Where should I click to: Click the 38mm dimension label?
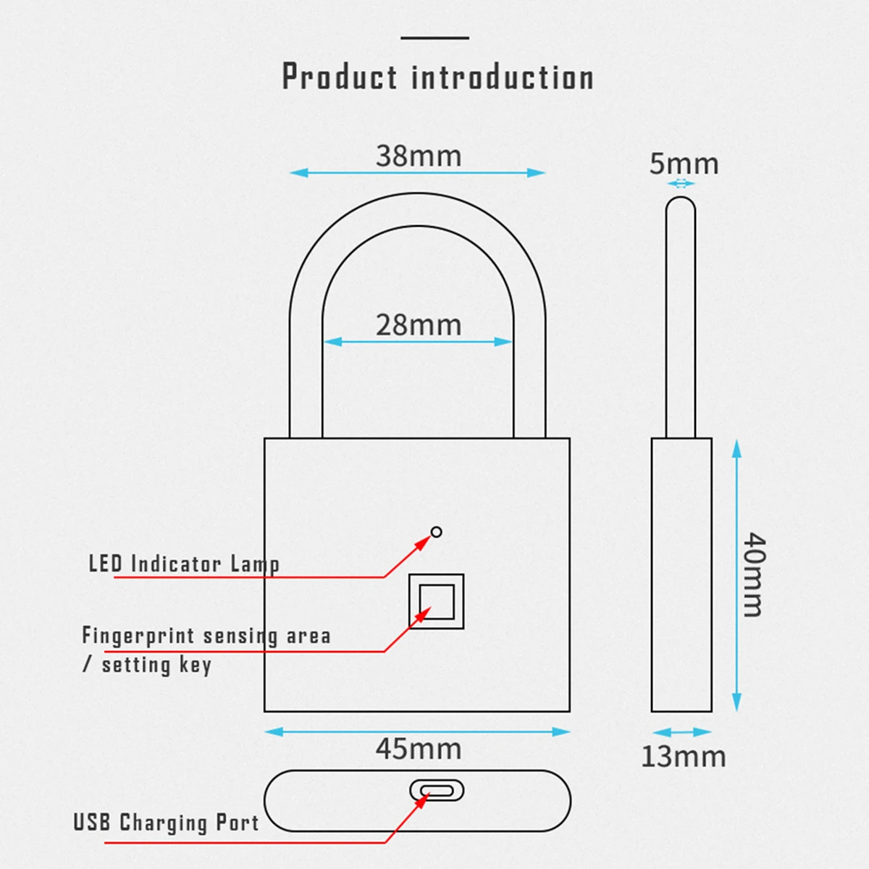point(419,156)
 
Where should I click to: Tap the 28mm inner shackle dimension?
point(419,325)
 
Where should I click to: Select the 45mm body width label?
point(419,748)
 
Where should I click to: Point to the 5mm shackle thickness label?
point(684,164)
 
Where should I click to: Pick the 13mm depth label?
point(683,756)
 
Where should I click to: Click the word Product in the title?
point(340,77)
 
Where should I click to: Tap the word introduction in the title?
point(503,77)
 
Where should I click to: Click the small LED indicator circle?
point(436,532)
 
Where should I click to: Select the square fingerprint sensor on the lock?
point(436,601)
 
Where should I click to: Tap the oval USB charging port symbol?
point(436,790)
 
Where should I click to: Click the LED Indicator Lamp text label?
point(184,563)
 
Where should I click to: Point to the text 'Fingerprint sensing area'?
point(206,636)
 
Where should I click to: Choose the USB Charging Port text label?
point(166,823)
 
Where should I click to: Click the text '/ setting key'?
point(147,664)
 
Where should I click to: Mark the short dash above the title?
point(434,38)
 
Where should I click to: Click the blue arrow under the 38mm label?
point(417,172)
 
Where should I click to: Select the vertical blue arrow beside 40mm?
point(736,575)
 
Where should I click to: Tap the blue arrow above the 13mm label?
point(681,732)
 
